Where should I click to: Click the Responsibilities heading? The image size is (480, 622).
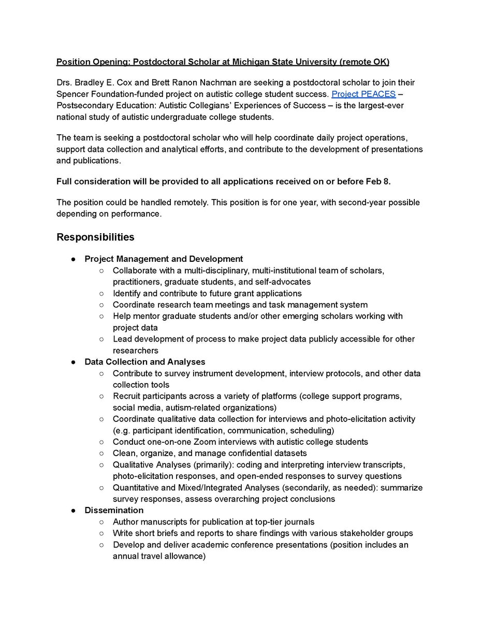pos(95,237)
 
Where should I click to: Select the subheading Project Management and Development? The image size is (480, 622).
pos(164,259)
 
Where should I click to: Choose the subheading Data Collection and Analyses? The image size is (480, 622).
pos(145,362)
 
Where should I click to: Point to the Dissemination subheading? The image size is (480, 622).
pos(114,511)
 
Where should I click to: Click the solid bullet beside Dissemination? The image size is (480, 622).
pos(74,511)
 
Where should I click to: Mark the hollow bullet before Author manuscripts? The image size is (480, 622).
pos(101,522)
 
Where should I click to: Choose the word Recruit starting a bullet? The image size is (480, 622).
pos(127,396)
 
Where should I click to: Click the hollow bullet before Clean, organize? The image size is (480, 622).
pos(101,453)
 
